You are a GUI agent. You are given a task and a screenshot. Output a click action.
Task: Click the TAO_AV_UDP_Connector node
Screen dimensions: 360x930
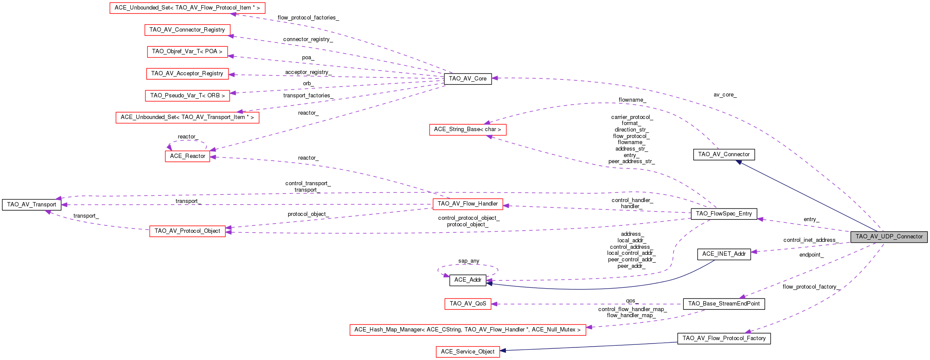pos(889,237)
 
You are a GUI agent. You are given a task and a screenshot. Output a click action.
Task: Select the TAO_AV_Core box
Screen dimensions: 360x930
pos(467,79)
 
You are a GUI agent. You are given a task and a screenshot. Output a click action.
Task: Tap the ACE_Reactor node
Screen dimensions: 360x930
pos(187,156)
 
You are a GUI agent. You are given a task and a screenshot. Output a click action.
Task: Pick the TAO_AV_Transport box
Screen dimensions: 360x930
pos(32,205)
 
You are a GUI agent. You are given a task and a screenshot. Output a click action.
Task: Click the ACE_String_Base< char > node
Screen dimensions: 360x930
pos(467,129)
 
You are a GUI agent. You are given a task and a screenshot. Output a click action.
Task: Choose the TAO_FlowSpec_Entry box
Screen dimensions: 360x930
pos(724,214)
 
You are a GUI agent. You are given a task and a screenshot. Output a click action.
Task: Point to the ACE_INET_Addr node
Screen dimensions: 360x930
pos(724,254)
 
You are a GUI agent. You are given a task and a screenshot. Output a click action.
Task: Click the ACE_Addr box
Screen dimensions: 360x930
pos(467,280)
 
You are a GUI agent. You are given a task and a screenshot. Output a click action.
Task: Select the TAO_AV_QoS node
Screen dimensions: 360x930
pos(467,304)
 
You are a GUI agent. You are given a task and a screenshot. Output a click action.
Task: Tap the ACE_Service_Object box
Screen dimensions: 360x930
pos(467,352)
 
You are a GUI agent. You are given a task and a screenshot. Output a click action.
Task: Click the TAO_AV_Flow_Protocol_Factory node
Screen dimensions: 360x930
pos(724,338)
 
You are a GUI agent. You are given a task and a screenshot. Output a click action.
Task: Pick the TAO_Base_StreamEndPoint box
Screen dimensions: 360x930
pos(724,304)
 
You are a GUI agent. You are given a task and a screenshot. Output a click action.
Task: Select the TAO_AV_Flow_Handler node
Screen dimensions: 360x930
pos(467,204)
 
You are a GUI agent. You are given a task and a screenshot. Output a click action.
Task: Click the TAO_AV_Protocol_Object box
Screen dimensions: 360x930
pos(187,231)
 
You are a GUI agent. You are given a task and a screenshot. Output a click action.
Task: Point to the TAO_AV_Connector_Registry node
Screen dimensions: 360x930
pos(187,30)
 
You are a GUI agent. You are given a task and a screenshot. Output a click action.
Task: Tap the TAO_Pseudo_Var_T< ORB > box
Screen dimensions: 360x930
pos(187,96)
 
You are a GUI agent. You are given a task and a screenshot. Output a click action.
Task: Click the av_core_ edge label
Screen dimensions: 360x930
pos(725,95)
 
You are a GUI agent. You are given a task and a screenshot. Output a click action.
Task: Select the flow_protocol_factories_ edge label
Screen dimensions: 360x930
pos(308,18)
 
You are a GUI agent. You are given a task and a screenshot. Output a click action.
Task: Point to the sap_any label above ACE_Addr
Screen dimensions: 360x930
pos(469,261)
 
